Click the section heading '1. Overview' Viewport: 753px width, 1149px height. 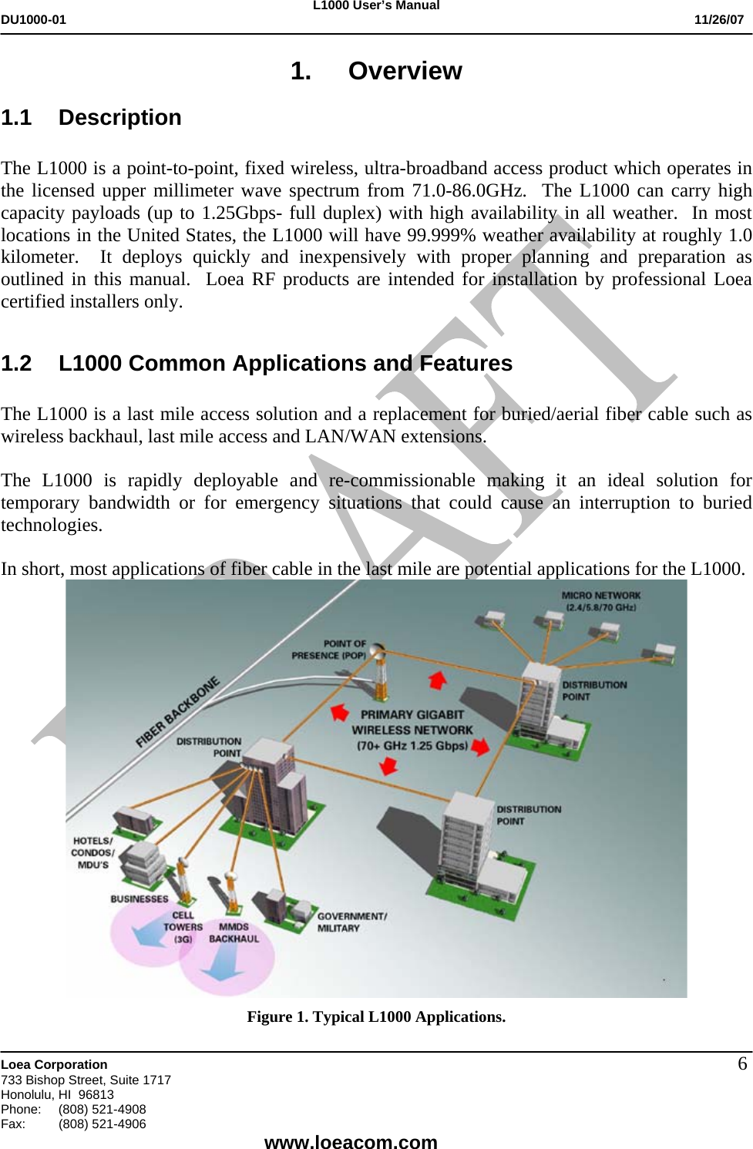click(x=376, y=71)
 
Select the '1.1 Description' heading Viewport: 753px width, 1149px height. click(x=91, y=118)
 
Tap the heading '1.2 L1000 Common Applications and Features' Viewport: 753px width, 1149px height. click(x=257, y=363)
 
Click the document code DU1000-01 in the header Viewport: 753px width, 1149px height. click(x=33, y=19)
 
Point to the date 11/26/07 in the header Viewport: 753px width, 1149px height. click(x=718, y=19)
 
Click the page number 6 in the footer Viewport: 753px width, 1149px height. click(x=742, y=1064)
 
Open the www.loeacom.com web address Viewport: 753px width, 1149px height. click(x=351, y=1141)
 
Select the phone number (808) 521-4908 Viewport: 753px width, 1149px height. click(x=103, y=1109)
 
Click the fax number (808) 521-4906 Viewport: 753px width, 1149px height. click(x=103, y=1124)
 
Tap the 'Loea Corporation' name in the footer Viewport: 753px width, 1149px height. click(x=55, y=1064)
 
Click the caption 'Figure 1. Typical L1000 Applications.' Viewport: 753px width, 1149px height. click(x=376, y=1016)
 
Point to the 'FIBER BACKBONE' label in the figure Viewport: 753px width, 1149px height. click(x=177, y=712)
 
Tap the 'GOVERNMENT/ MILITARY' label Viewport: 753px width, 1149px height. click(x=351, y=922)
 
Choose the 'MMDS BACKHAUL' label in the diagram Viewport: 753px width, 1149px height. click(x=234, y=932)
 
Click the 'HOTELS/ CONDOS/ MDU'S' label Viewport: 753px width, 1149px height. click(x=92, y=852)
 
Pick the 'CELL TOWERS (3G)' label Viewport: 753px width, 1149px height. click(x=183, y=927)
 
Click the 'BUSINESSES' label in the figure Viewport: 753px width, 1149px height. click(x=139, y=899)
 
